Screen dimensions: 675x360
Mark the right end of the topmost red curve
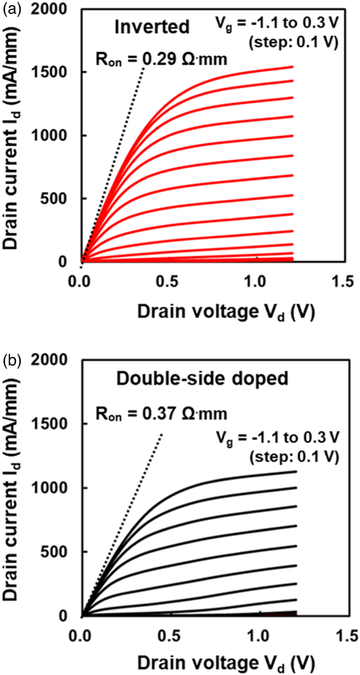(292, 67)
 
